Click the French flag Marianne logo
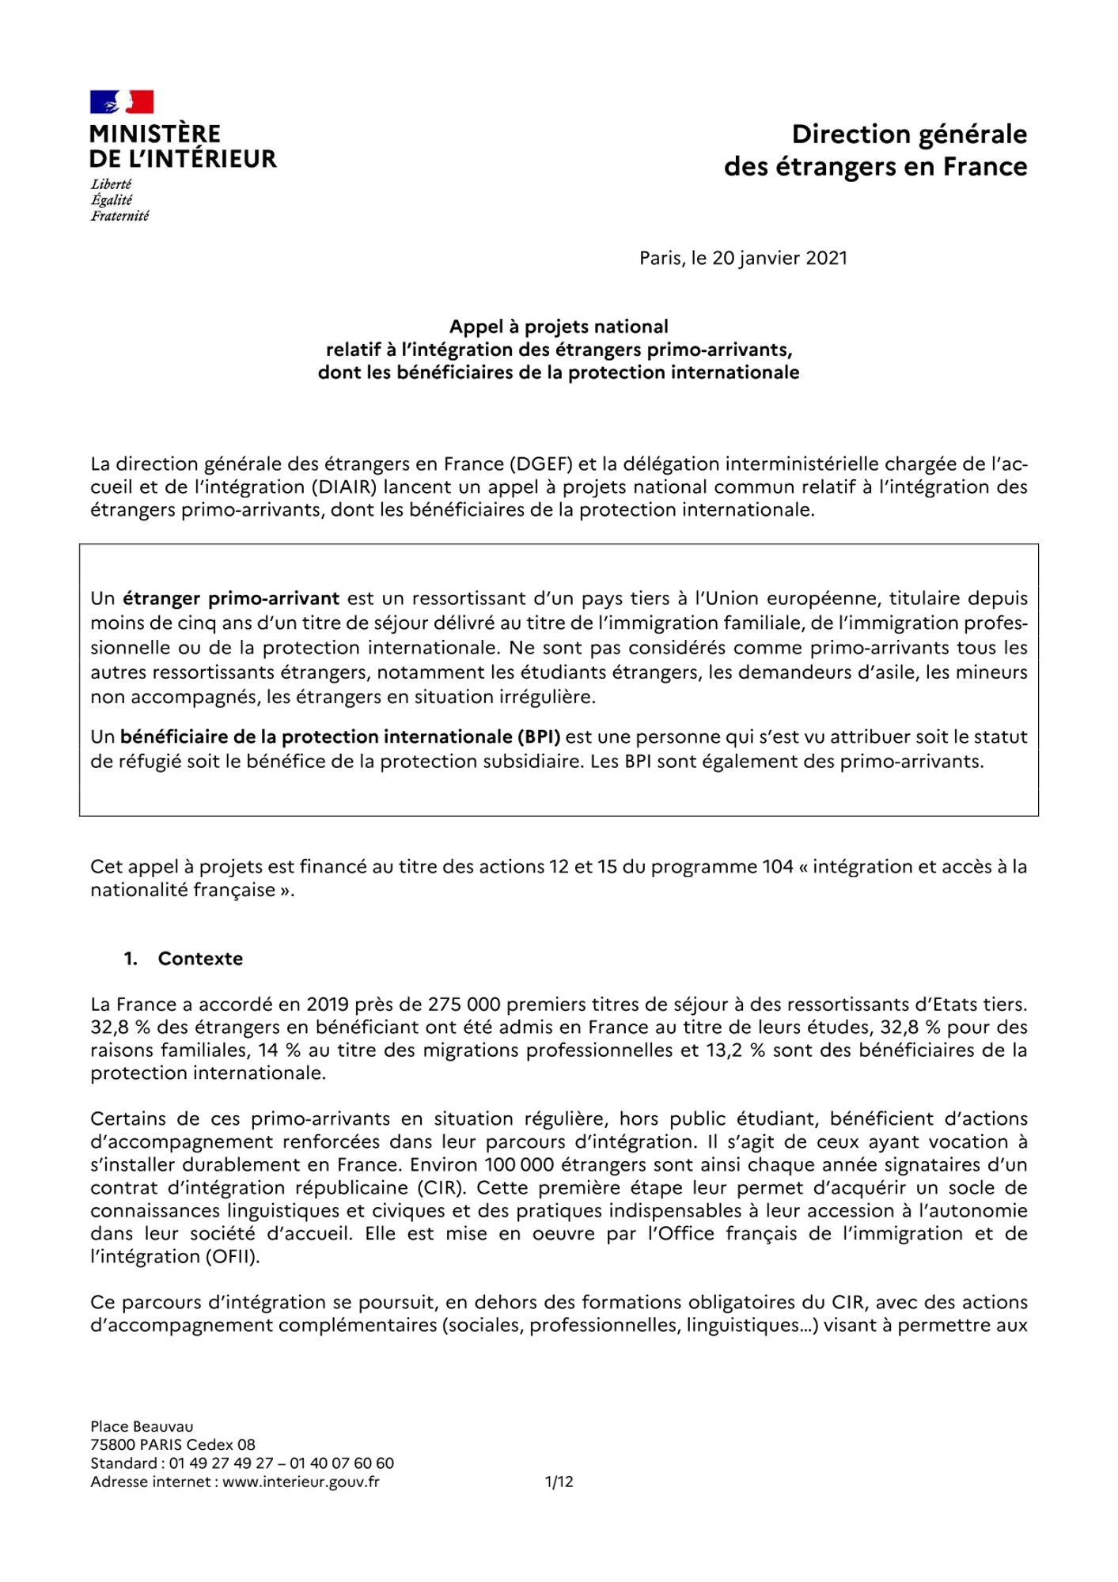tap(121, 102)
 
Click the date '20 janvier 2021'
tap(779, 258)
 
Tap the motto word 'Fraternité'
tap(119, 216)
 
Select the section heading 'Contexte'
tap(200, 959)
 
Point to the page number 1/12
tap(559, 1482)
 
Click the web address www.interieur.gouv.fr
tap(301, 1482)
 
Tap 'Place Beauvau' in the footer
tap(142, 1426)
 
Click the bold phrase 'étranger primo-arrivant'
tap(230, 598)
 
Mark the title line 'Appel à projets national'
tap(559, 327)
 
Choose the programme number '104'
tap(778, 866)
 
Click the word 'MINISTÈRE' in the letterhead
tap(155, 134)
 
